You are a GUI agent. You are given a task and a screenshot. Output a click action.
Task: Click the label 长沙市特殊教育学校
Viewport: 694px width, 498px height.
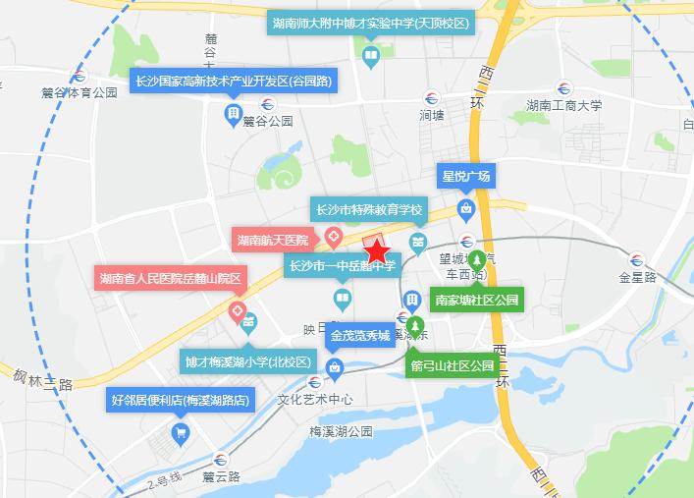pos(368,210)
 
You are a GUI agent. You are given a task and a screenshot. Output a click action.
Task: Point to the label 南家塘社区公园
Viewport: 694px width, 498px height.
pos(477,300)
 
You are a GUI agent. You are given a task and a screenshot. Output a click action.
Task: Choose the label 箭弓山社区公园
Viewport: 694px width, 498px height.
pos(454,365)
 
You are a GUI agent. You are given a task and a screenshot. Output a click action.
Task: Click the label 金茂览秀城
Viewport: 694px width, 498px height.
pos(360,336)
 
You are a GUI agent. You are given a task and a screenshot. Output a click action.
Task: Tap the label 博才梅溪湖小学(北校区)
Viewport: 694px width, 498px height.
pos(248,361)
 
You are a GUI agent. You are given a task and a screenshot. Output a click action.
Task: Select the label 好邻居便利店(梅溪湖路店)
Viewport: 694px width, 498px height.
pos(181,400)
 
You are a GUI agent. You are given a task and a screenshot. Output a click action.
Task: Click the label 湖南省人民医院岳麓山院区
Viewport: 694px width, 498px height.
pos(170,278)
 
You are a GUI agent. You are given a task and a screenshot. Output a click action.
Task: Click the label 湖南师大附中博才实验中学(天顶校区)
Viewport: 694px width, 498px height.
pos(371,23)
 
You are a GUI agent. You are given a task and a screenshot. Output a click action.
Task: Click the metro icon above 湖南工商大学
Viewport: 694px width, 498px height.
pos(562,86)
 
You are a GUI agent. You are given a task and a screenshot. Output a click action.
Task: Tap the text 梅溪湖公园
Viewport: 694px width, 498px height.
pos(341,431)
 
